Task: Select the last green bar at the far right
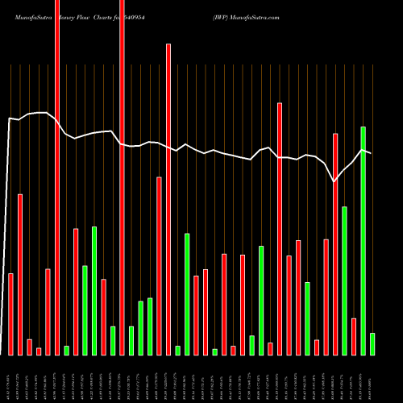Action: [x=372, y=344]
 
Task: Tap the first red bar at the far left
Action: [x=11, y=314]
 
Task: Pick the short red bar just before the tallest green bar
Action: [x=354, y=337]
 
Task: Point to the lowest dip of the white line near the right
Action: [x=335, y=182]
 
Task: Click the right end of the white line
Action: [x=371, y=152]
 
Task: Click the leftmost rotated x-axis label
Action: [x=10, y=379]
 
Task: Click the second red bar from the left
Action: [x=20, y=274]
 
